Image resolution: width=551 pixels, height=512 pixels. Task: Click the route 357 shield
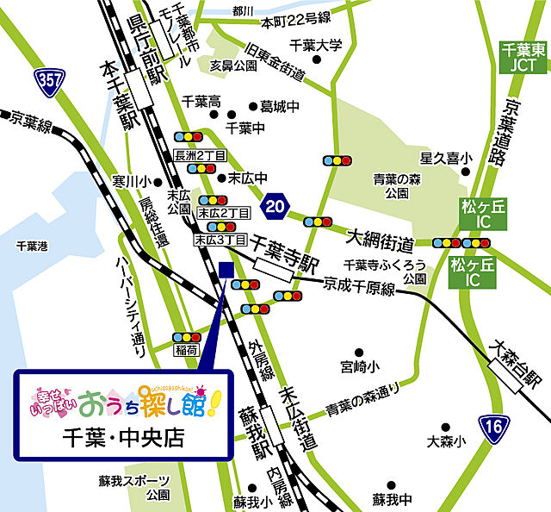(x=49, y=83)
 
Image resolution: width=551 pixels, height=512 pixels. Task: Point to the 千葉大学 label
(x=315, y=47)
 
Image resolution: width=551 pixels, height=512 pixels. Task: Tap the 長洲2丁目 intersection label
(x=200, y=155)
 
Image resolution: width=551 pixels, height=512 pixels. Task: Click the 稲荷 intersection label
(x=185, y=350)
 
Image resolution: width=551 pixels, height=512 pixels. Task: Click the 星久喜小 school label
(x=446, y=159)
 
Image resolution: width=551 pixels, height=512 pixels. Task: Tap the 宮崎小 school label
(x=358, y=366)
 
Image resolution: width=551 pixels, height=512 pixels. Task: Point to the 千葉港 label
(x=32, y=246)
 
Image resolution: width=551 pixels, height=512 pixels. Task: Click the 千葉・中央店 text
(x=124, y=437)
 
